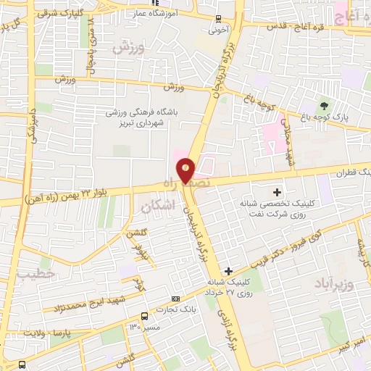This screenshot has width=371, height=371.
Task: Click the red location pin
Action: point(186,170)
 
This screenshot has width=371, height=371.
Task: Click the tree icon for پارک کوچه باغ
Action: point(324,106)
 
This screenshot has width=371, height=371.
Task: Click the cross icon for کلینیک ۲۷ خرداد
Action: point(228,270)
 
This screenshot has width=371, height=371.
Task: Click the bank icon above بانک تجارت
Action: point(175,299)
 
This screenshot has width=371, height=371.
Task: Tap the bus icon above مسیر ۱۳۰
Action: point(144,316)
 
